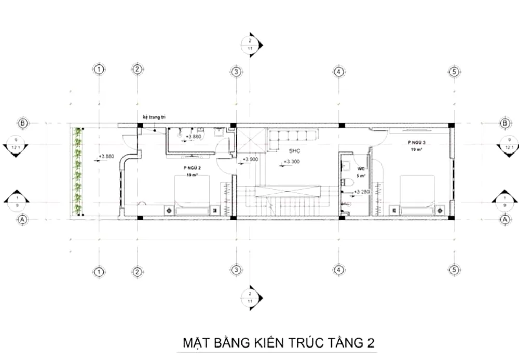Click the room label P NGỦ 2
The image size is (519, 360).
(x=192, y=168)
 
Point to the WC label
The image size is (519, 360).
(x=361, y=168)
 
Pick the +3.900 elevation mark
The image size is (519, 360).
(x=250, y=159)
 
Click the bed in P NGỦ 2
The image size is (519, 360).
(x=193, y=195)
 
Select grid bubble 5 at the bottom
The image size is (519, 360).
(x=454, y=270)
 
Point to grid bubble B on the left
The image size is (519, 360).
(x=23, y=124)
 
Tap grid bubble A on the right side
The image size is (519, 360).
(x=504, y=220)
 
